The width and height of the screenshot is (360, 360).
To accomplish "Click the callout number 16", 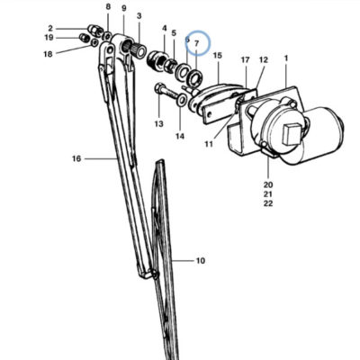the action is coord(76,158).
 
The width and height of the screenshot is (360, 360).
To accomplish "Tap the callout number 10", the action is coord(201,261).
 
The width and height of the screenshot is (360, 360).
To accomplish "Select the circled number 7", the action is coord(197,44).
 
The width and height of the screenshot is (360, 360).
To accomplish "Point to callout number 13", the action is coord(159,123).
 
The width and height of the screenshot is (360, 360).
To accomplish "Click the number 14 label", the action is coord(180,136).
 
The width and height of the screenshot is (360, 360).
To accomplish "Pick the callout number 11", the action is coord(209,144).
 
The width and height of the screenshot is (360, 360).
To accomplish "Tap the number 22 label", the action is coord(268,203).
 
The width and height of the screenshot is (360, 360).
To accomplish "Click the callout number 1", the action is coord(286,58).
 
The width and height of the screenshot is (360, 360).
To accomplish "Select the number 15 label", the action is coord(218,56).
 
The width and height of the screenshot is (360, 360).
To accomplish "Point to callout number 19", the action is coord(49,38).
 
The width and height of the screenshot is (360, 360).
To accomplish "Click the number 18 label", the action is coord(48,54).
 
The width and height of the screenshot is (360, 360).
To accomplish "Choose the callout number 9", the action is coord(124,8).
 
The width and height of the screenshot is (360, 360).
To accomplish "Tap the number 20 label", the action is coord(268,184).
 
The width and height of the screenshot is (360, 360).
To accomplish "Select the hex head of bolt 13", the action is coord(158,89).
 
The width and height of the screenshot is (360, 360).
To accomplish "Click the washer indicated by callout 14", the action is coord(181,99).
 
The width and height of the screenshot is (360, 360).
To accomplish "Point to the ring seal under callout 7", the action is coord(195,77).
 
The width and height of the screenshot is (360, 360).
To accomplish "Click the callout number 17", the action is coord(246,60).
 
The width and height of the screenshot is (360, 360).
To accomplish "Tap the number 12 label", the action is coord(264,59).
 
